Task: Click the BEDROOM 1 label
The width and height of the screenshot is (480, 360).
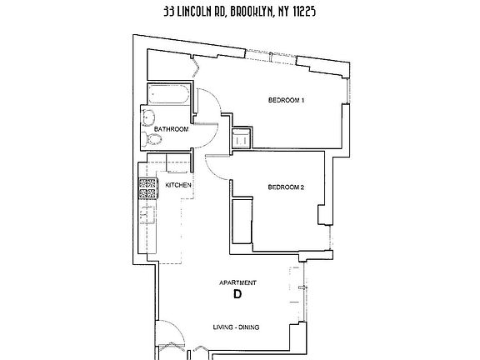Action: [286, 102]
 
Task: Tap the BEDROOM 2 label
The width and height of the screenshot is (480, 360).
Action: [285, 187]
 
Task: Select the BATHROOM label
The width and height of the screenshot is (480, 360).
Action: [171, 129]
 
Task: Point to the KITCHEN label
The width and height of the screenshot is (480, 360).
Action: [179, 184]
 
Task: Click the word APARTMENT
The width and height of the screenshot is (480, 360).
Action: [237, 283]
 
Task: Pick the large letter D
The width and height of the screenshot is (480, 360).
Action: [237, 295]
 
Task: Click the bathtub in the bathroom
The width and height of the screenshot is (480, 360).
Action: [170, 97]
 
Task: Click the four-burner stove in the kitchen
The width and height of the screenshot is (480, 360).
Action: [148, 188]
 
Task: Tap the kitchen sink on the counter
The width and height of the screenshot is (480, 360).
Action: [147, 215]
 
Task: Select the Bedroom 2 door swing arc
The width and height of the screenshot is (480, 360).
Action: [218, 167]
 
